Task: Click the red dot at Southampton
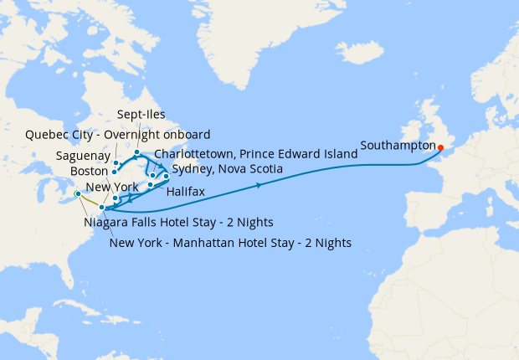coord(441,149)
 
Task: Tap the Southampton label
coord(398,145)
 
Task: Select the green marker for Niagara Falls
coord(77,194)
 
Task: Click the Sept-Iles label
coord(141,115)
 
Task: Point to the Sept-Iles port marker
coord(137,153)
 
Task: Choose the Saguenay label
coord(82,155)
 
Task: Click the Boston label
coord(90,171)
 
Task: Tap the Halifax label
coord(185,192)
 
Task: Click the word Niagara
coord(107,223)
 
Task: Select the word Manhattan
coord(207,243)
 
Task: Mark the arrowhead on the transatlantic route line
coord(259,185)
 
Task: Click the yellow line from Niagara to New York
coord(89,201)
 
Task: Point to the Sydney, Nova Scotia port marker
coord(166,176)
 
